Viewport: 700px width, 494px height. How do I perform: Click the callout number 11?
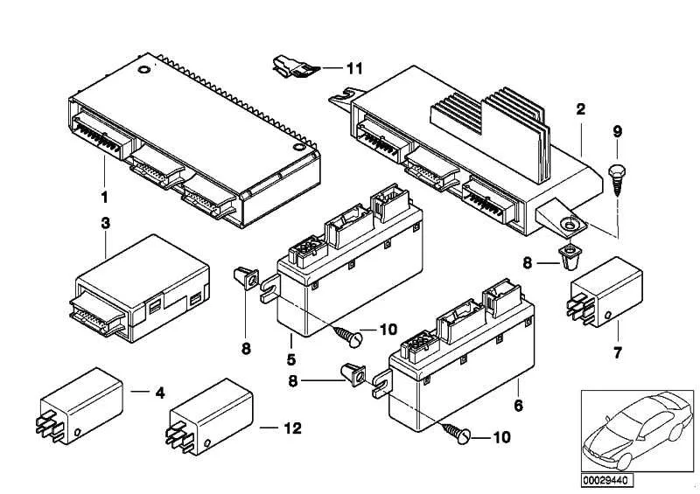point(354,68)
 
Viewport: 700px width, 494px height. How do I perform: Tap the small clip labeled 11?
point(295,66)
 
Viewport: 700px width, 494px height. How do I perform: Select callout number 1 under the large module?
point(104,197)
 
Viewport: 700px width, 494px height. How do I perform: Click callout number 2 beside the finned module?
point(580,109)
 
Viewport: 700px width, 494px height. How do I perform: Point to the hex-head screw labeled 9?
point(617,179)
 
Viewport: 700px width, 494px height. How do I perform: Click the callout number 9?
point(617,132)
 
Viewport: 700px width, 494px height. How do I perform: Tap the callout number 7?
point(618,353)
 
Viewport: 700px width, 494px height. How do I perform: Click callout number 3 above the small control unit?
point(105,223)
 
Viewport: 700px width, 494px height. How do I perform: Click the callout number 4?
point(160,393)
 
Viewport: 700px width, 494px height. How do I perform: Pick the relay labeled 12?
point(209,417)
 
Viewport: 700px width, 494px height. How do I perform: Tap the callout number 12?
point(293,428)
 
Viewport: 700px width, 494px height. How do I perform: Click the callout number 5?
point(291,359)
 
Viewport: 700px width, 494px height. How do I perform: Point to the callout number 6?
point(518,405)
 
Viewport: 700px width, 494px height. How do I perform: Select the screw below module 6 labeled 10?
point(457,433)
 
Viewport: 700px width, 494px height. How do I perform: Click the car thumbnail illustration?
point(637,431)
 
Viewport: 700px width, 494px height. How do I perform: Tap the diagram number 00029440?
point(606,481)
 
